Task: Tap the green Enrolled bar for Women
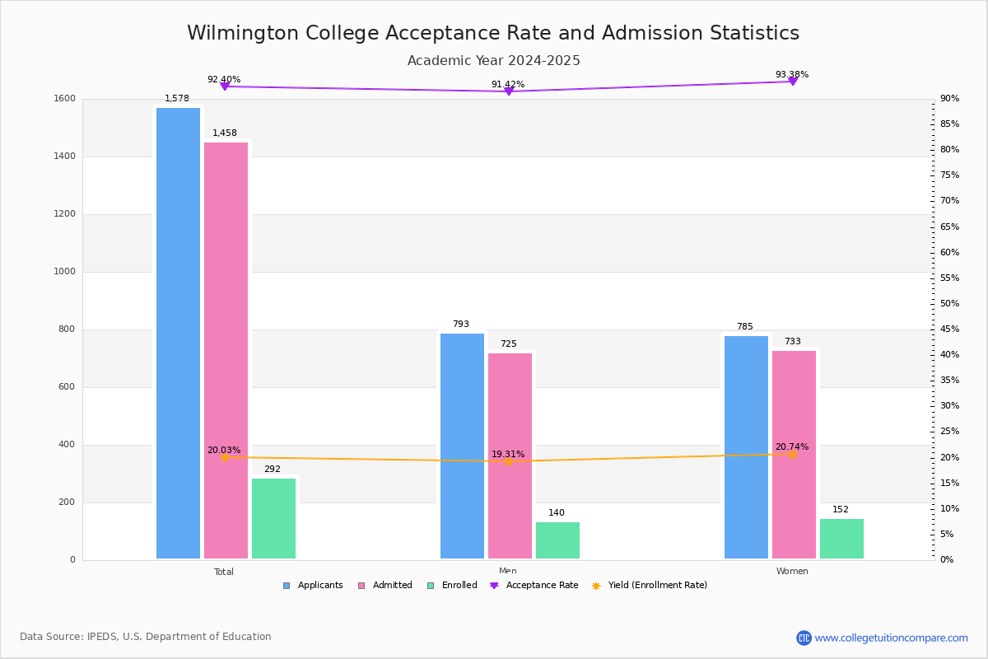click(x=841, y=539)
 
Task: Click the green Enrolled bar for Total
click(x=273, y=519)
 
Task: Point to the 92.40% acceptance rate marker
click(x=224, y=86)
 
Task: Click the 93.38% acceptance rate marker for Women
click(x=792, y=81)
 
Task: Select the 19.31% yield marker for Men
click(x=508, y=461)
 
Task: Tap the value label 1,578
click(x=177, y=99)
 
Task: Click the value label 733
click(x=792, y=342)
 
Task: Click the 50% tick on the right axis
click(x=949, y=304)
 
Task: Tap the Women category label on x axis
click(x=792, y=572)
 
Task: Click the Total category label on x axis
click(x=224, y=572)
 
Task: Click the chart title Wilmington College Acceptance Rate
click(x=493, y=33)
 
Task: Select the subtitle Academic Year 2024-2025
click(x=493, y=61)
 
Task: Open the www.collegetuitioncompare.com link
click(x=891, y=638)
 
